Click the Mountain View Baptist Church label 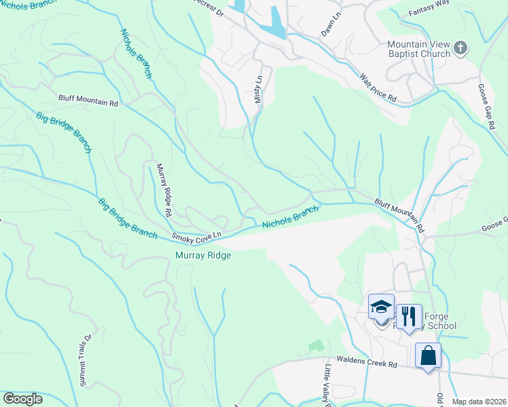(x=418, y=49)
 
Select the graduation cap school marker (x=381, y=307)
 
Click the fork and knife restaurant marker (x=408, y=317)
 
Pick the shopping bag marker (x=428, y=356)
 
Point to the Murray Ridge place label (x=203, y=256)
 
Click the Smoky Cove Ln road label (x=197, y=236)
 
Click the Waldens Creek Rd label (x=367, y=364)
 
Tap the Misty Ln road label (x=258, y=89)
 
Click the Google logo (x=22, y=399)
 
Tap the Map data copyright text (x=479, y=402)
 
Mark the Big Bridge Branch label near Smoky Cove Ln (x=127, y=216)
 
